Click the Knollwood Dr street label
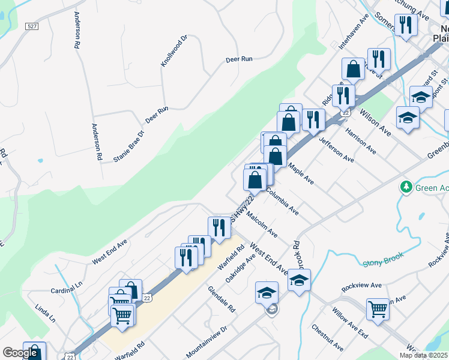[x=174, y=51]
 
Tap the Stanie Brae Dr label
[x=129, y=146]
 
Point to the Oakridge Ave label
[x=241, y=267]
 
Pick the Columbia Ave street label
[x=282, y=202]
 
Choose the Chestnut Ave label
[x=327, y=338]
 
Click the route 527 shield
[x=32, y=26]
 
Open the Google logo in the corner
[x=20, y=353]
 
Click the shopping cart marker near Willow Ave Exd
[x=378, y=310]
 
